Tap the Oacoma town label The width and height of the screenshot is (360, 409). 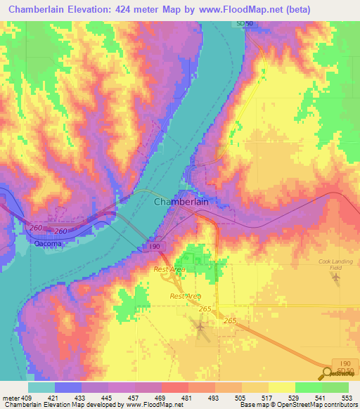(47, 244)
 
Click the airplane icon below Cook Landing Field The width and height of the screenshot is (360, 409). (335, 279)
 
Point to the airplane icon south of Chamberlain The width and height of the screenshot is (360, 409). (200, 326)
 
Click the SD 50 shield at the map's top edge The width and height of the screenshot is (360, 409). (243, 25)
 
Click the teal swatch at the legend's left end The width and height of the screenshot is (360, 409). (41, 387)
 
